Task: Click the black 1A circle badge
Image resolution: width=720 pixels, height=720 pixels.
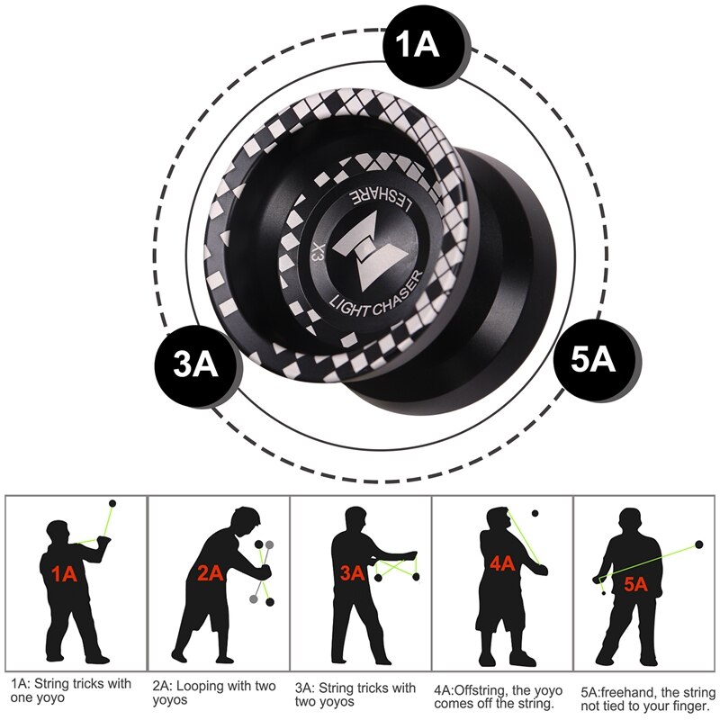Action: tap(416, 46)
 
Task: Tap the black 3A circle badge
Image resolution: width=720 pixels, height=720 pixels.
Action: tap(196, 365)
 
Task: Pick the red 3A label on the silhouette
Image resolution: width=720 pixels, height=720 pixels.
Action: tap(352, 571)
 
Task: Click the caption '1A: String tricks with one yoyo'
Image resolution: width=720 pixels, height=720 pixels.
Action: tap(71, 691)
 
